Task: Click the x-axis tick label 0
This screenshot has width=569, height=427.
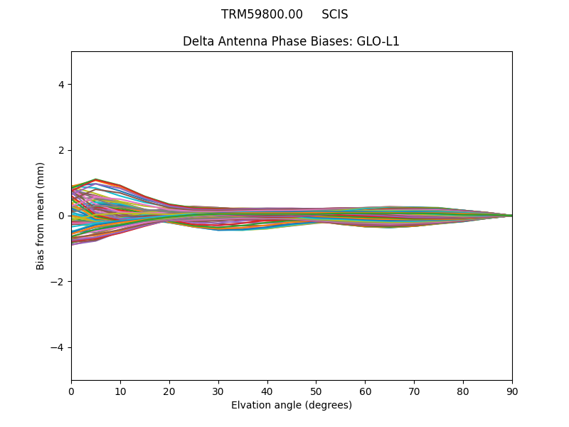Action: [x=71, y=391]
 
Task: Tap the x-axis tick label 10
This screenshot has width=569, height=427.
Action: [x=120, y=391]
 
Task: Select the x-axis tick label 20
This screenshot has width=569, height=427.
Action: [x=169, y=391]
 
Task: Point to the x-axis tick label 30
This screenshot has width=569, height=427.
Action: [x=218, y=391]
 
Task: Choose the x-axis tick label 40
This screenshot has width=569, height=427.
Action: [x=267, y=391]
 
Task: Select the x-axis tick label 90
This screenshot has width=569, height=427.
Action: [x=512, y=391]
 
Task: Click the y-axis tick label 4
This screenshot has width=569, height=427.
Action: [x=61, y=85]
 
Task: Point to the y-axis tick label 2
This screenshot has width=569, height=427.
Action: [x=61, y=150]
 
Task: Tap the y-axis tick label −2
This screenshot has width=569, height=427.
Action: [x=58, y=282]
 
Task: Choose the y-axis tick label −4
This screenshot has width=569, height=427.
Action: [x=58, y=347]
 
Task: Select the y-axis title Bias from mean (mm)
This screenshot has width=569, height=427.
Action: [x=41, y=216]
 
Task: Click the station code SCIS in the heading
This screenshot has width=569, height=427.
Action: [x=334, y=14]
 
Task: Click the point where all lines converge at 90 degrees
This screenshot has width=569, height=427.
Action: [x=511, y=216]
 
